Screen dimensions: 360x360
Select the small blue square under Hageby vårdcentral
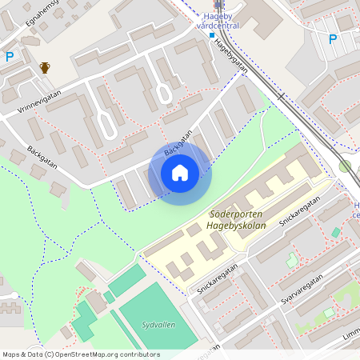click(212, 34)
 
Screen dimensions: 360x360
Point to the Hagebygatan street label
click(230, 58)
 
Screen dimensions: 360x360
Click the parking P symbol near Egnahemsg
click(10, 56)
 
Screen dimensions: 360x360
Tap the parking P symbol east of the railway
click(333, 38)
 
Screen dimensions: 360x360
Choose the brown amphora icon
click(46, 68)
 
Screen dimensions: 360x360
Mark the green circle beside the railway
click(345, 166)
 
